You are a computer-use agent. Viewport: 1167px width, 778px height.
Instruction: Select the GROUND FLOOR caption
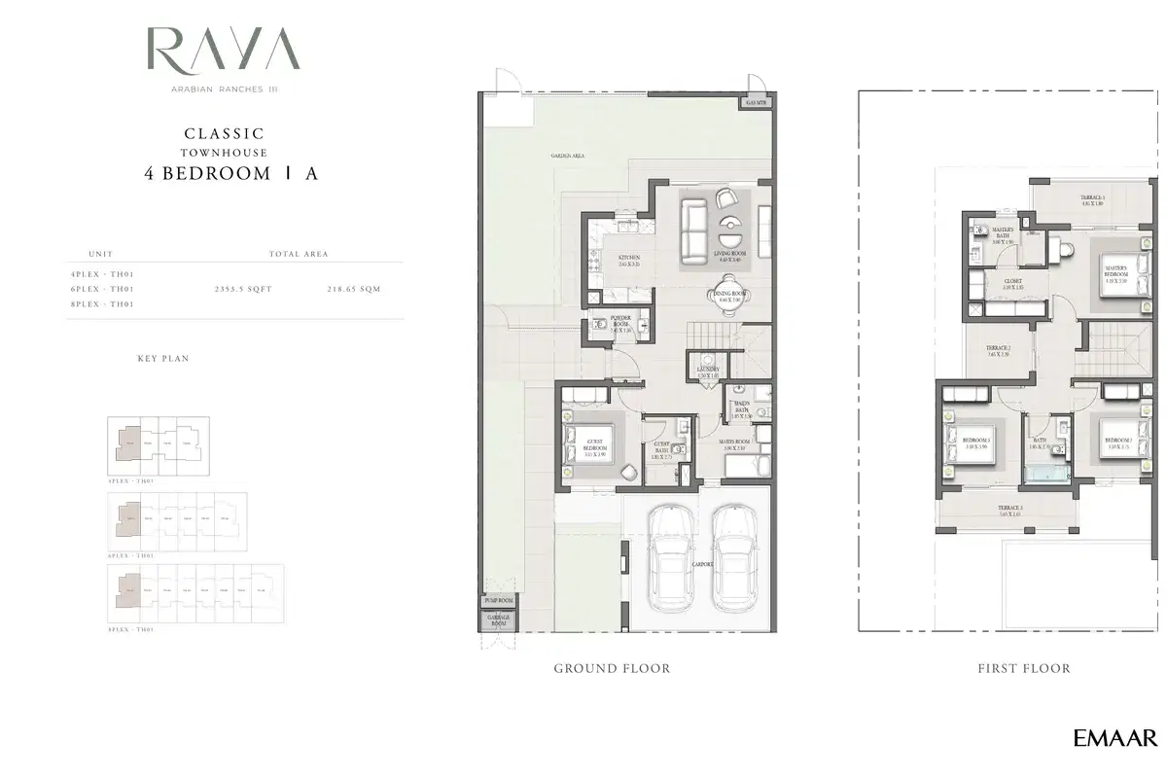click(x=612, y=669)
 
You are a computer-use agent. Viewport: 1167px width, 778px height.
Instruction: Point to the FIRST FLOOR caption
click(x=1023, y=669)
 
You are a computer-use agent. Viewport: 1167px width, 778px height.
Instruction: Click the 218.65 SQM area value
click(x=355, y=290)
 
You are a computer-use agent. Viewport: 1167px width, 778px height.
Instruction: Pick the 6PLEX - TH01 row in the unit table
click(x=101, y=290)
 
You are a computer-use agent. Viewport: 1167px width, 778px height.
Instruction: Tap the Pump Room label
click(x=497, y=601)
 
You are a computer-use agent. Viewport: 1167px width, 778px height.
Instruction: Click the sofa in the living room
click(x=693, y=230)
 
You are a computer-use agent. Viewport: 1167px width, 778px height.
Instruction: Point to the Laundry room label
click(x=708, y=372)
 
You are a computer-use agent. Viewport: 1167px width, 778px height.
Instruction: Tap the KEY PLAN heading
click(x=163, y=359)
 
